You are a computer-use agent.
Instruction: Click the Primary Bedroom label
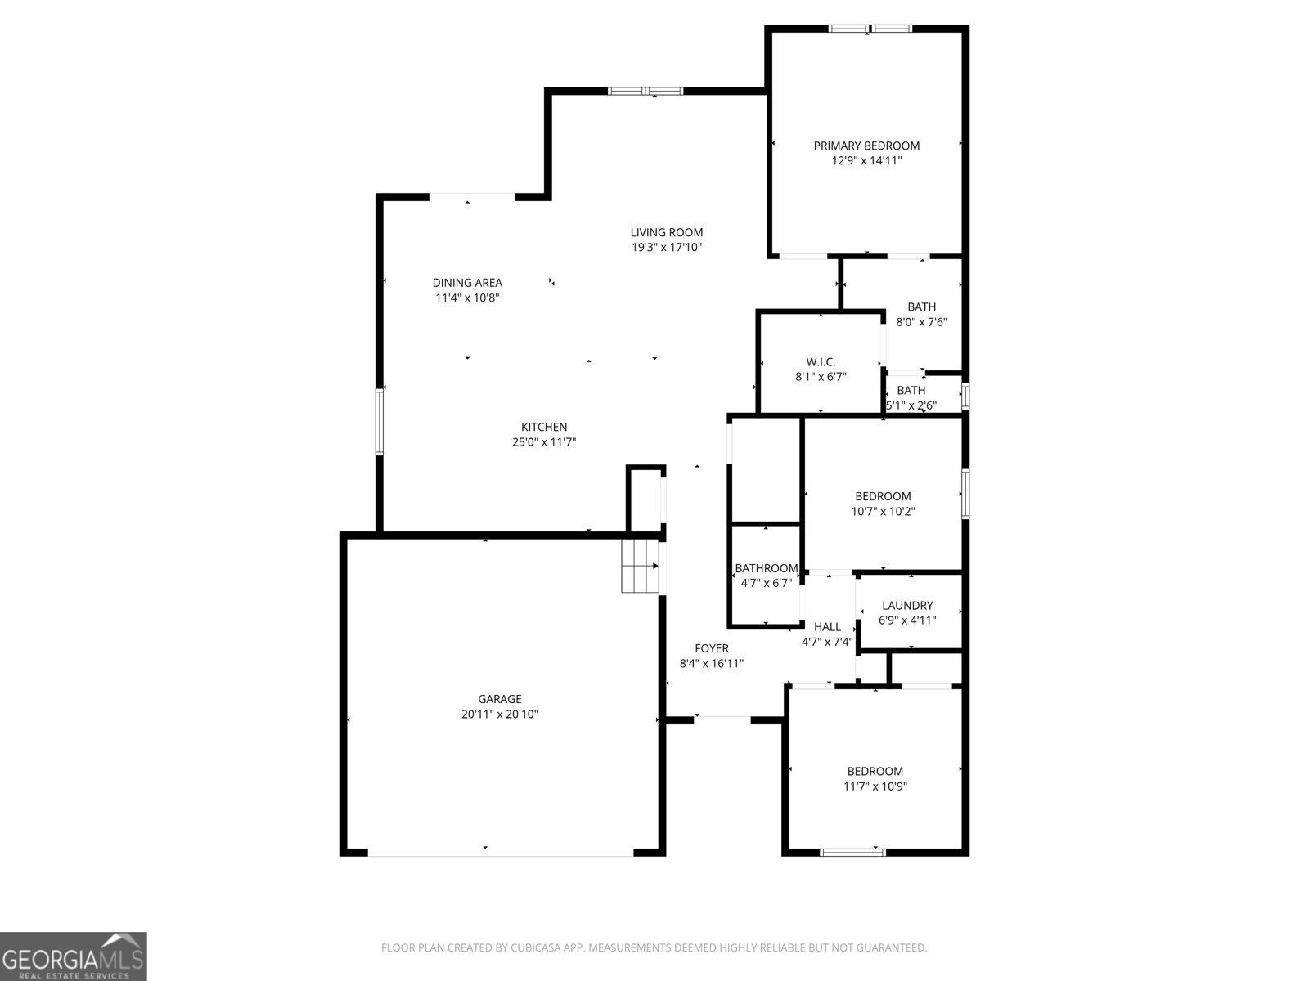click(866, 146)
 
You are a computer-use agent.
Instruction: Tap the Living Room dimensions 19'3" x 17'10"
click(666, 247)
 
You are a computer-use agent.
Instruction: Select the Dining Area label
click(467, 283)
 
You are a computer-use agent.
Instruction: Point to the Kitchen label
click(544, 427)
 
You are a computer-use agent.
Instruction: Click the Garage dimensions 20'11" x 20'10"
click(499, 714)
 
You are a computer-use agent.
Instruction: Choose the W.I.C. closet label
click(821, 362)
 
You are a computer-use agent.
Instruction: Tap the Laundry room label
click(907, 606)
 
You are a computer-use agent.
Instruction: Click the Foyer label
click(712, 648)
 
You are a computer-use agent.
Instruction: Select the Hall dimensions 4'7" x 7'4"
click(827, 642)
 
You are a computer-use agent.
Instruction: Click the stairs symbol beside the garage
click(640, 567)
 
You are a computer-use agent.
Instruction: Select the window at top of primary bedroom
click(870, 28)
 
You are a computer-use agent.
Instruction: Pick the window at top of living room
click(646, 91)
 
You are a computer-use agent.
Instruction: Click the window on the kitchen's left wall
click(379, 422)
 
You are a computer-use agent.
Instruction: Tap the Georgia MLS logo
click(74, 956)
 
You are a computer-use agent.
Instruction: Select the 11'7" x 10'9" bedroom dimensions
click(875, 786)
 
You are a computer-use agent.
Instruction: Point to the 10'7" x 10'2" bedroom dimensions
click(883, 511)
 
